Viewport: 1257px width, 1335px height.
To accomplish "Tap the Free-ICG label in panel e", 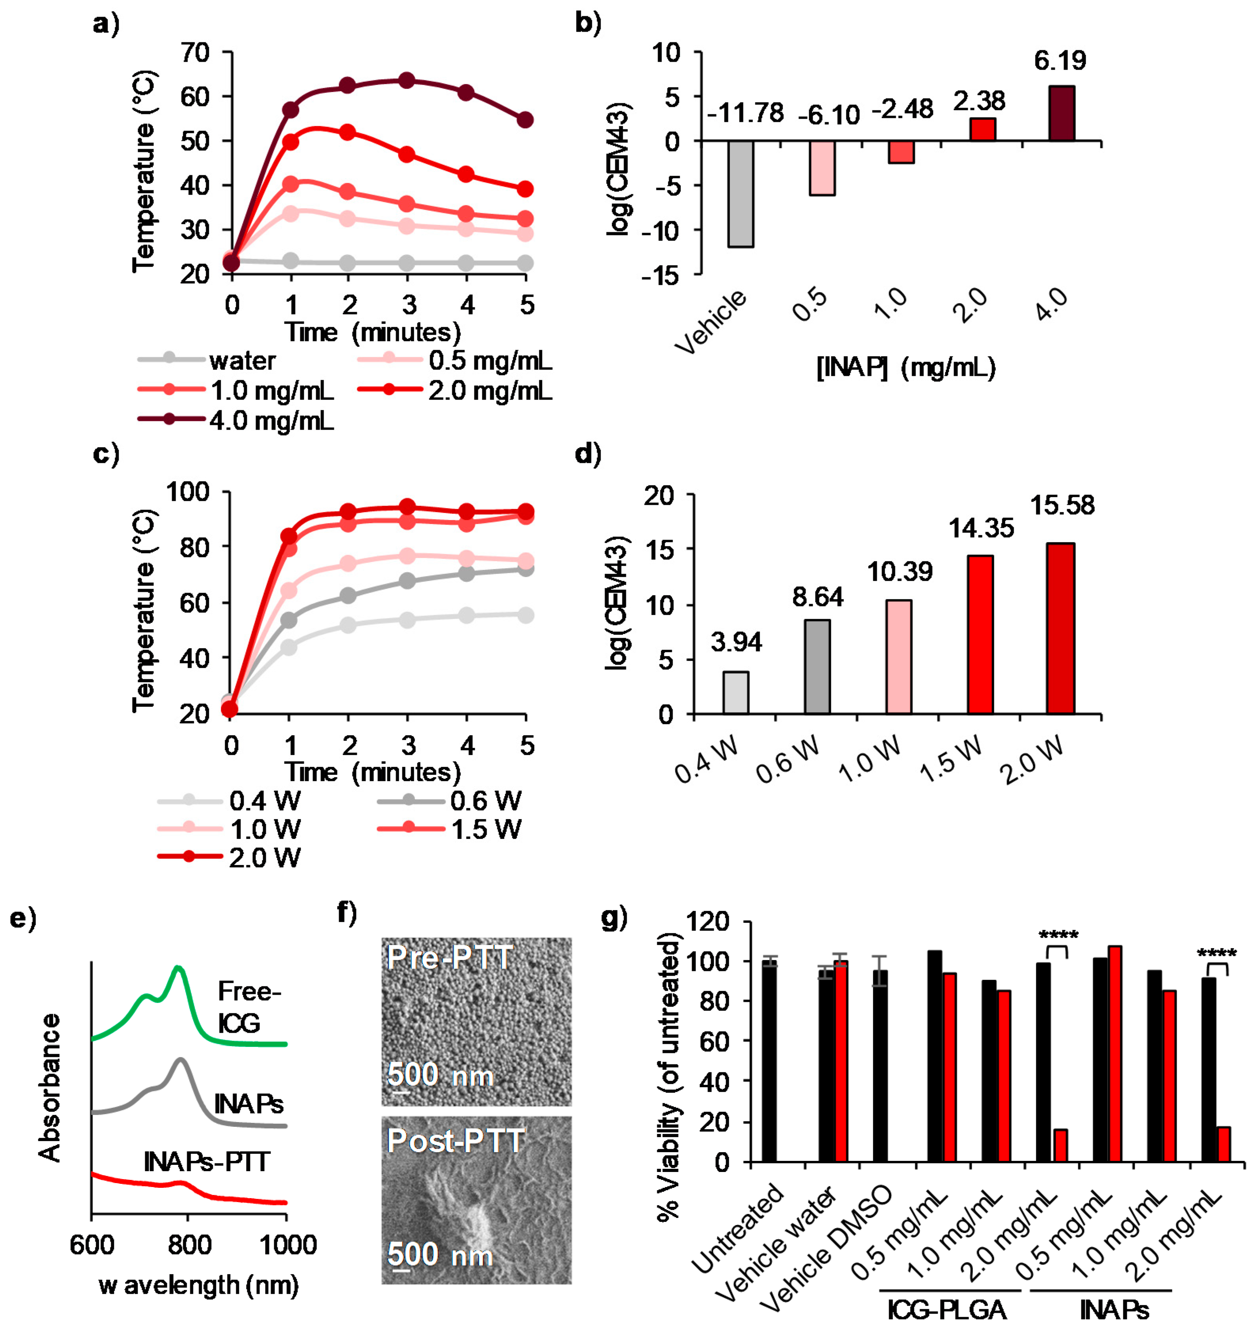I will [248, 1007].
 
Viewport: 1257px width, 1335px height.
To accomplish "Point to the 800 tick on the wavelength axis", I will [190, 1245].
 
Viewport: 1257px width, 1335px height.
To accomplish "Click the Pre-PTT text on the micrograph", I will [450, 958].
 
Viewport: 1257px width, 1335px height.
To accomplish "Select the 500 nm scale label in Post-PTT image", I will [440, 1254].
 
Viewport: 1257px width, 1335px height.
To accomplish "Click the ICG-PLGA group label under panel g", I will [947, 1310].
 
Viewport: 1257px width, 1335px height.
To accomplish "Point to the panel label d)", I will [588, 455].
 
